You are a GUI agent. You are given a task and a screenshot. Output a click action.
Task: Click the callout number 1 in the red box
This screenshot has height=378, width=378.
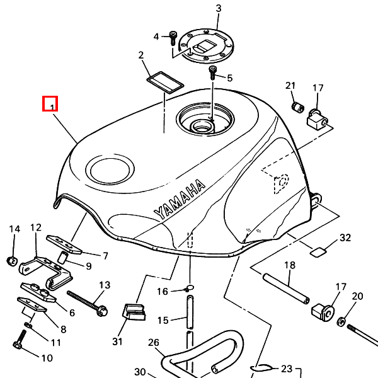pyautogui.click(x=52, y=107)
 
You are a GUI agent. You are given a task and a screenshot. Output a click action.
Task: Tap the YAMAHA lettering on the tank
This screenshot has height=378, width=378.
pyautogui.click(x=180, y=199)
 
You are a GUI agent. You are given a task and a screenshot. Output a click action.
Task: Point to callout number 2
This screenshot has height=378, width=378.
pyautogui.click(x=141, y=55)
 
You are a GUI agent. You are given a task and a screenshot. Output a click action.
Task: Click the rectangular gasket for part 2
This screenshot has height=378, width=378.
pyautogui.click(x=165, y=83)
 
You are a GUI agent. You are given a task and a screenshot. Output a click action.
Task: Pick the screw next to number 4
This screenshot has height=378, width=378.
pyautogui.click(x=173, y=38)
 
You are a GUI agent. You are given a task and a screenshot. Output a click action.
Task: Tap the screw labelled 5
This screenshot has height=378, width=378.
pyautogui.click(x=213, y=72)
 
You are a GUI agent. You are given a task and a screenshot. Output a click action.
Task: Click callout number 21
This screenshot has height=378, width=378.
pyautogui.click(x=290, y=86)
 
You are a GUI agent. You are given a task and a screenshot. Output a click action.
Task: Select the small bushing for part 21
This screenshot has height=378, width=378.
pyautogui.click(x=298, y=107)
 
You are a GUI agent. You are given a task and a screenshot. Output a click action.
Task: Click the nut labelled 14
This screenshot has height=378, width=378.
pyautogui.click(x=12, y=261)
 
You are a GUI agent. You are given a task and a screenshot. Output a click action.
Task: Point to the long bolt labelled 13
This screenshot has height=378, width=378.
pyautogui.click(x=88, y=303)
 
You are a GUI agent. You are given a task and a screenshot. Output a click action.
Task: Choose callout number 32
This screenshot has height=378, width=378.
pyautogui.click(x=345, y=238)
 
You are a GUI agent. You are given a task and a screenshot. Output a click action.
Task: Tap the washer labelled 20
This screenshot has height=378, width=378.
pyautogui.click(x=341, y=321)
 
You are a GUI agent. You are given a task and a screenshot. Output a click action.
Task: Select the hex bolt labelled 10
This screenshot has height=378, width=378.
pyautogui.click(x=20, y=340)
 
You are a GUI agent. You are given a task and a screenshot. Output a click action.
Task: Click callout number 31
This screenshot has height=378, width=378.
pyautogui.click(x=117, y=341)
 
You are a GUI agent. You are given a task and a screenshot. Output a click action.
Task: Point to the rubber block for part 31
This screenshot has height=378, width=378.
pyautogui.click(x=134, y=312)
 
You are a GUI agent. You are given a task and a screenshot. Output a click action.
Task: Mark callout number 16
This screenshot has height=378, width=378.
pyautogui.click(x=163, y=292)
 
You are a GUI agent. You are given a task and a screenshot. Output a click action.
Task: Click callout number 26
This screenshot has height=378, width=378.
pyautogui.click(x=154, y=343)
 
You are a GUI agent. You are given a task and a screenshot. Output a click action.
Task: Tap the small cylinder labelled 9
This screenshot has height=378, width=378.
pyautogui.click(x=62, y=258)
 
